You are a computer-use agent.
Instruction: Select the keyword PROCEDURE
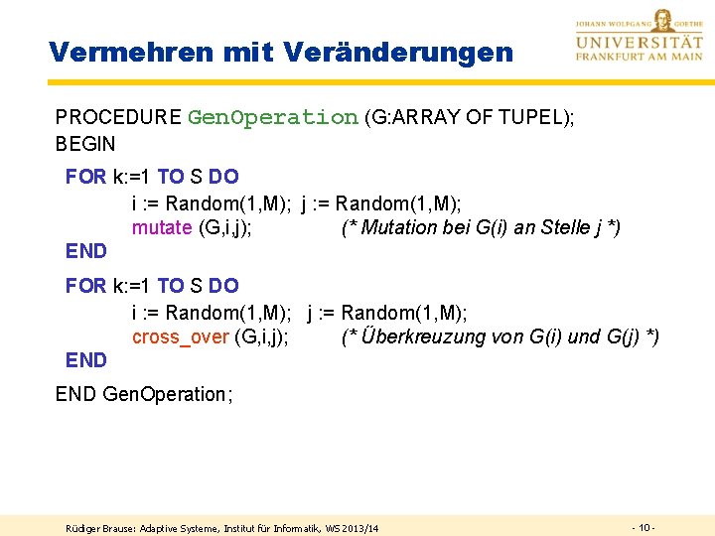click(x=118, y=117)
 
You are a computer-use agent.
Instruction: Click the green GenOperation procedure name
click(x=272, y=117)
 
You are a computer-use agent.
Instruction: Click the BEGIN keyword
click(x=85, y=144)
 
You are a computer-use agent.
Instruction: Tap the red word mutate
click(x=162, y=228)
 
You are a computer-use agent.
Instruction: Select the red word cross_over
click(x=180, y=337)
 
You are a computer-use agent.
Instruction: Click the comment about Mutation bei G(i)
click(x=481, y=228)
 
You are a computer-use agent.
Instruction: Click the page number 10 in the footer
click(x=643, y=526)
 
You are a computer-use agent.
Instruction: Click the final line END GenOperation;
click(x=144, y=394)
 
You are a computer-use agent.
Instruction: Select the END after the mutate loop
click(x=85, y=251)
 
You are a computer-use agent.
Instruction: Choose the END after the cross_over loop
click(x=85, y=359)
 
